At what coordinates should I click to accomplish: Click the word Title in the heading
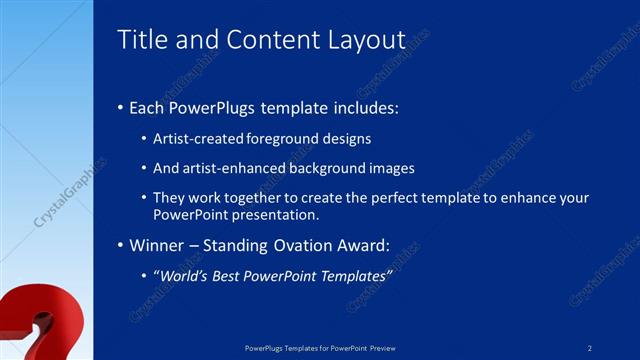(x=140, y=40)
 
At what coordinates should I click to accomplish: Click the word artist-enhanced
(x=227, y=168)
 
